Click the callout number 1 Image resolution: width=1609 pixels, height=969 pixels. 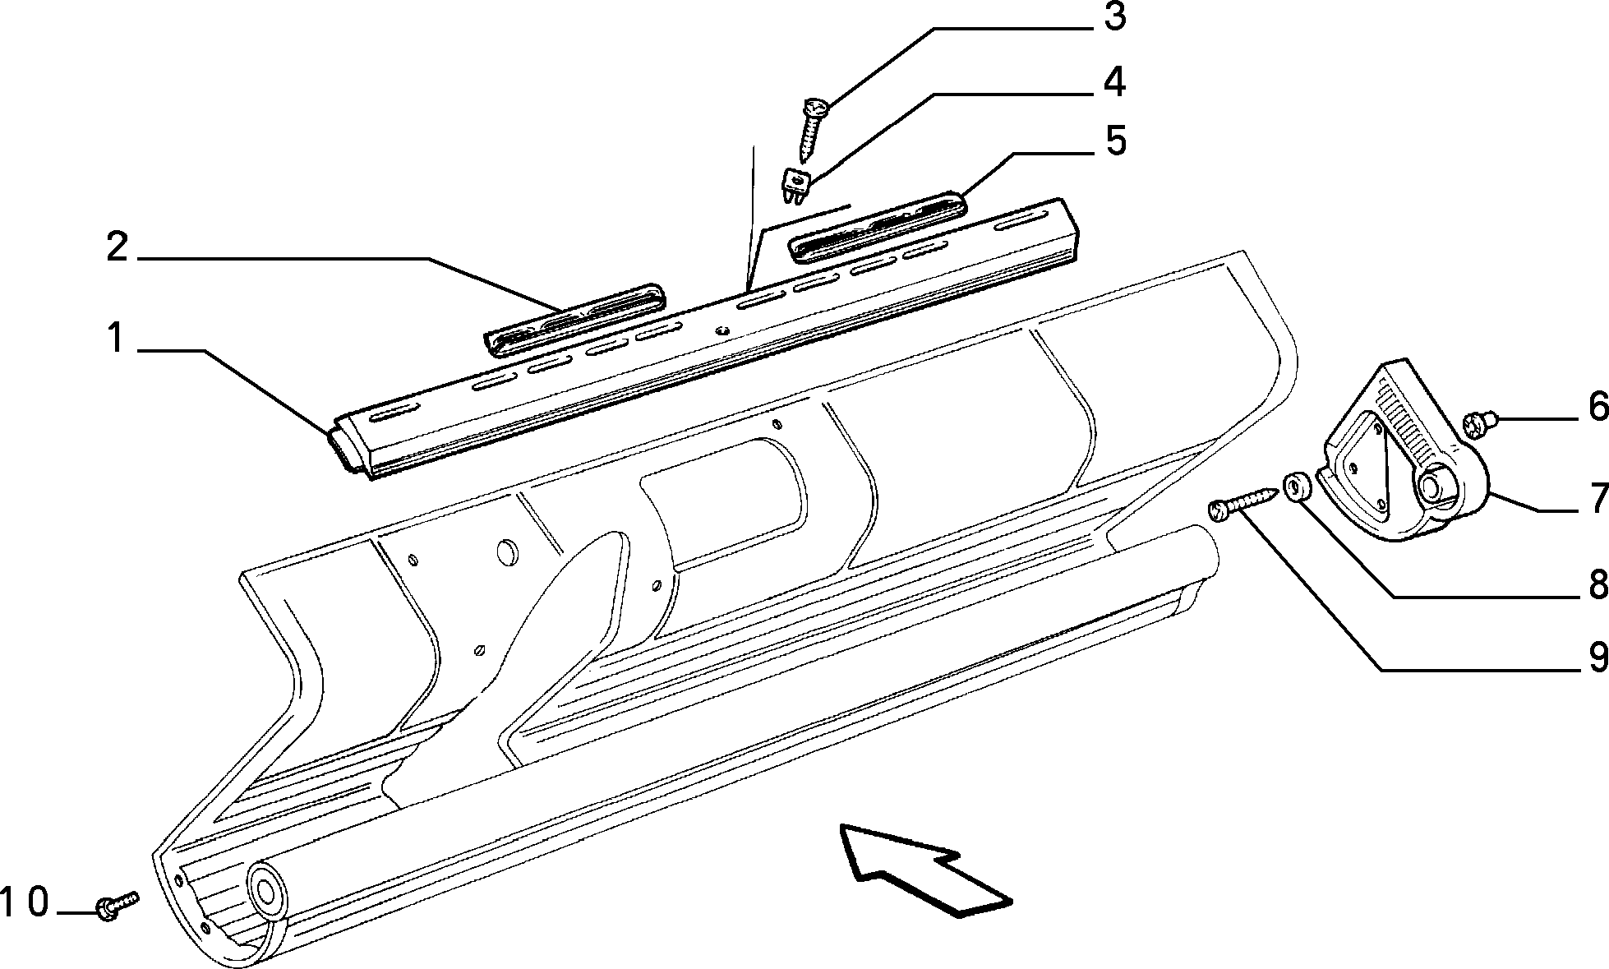116,339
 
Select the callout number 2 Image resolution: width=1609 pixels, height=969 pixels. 118,246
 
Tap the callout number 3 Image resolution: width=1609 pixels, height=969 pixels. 1113,17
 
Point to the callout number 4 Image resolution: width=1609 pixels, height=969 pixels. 1114,81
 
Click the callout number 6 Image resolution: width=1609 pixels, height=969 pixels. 1597,407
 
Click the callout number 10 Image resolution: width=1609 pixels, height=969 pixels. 25,902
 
